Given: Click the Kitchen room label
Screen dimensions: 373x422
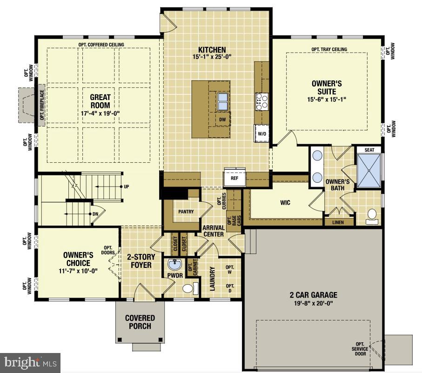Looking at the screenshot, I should tap(212, 50).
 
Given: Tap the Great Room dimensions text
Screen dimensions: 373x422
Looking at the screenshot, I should tap(100, 113).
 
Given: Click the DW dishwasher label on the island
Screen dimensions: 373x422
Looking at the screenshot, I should tap(222, 119).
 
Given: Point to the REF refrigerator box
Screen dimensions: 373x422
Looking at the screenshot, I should tap(234, 177).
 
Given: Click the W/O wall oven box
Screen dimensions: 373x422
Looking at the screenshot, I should tap(262, 134).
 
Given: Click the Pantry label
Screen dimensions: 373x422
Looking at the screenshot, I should tap(186, 212).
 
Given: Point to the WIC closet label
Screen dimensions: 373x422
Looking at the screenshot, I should tap(285, 203).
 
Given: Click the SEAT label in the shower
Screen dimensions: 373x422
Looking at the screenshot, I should tap(369, 150).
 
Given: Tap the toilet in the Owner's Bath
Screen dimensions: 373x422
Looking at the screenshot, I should tap(372, 215).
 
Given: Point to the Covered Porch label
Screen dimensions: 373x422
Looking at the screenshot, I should tap(140, 322).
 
